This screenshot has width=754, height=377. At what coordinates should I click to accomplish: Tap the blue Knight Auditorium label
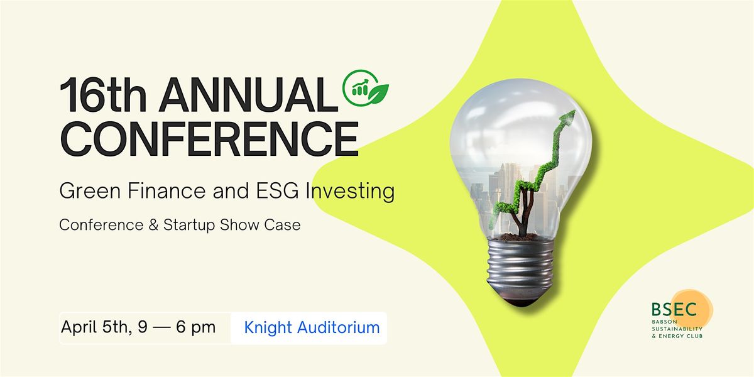[312, 327]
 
